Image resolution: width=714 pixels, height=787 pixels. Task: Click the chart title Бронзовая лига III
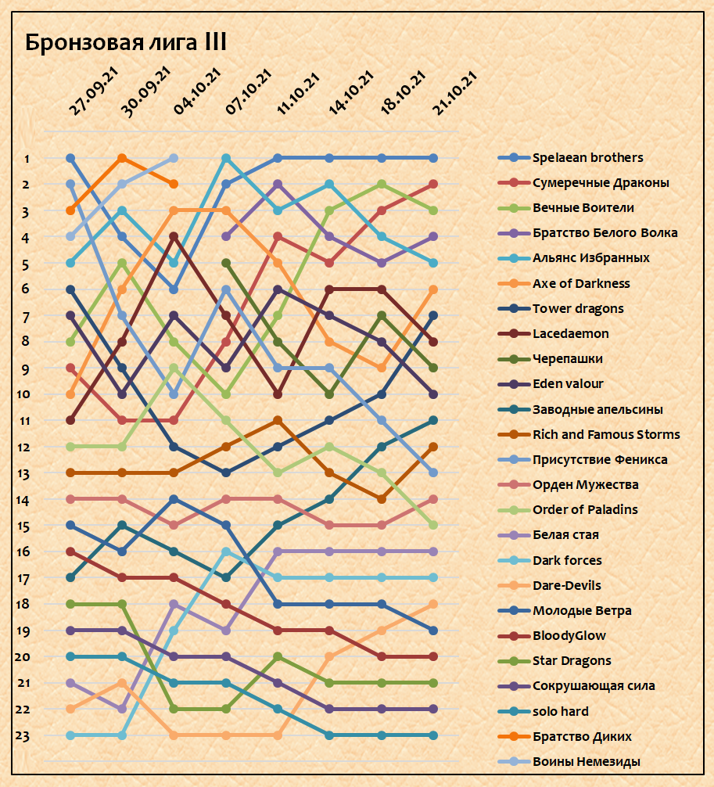click(x=126, y=42)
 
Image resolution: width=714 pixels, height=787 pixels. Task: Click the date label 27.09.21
click(x=93, y=92)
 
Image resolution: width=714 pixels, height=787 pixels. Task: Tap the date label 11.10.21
click(x=299, y=92)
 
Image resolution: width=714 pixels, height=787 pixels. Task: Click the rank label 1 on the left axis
click(x=27, y=159)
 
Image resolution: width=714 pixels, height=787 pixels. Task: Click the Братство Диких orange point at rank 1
click(x=122, y=158)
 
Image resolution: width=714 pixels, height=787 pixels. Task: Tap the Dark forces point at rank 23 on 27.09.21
click(x=70, y=735)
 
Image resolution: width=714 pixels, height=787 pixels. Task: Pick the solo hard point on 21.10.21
click(x=432, y=735)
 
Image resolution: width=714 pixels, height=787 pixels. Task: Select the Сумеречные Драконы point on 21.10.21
click(x=432, y=184)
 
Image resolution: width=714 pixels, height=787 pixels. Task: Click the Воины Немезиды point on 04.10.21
click(x=174, y=158)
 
